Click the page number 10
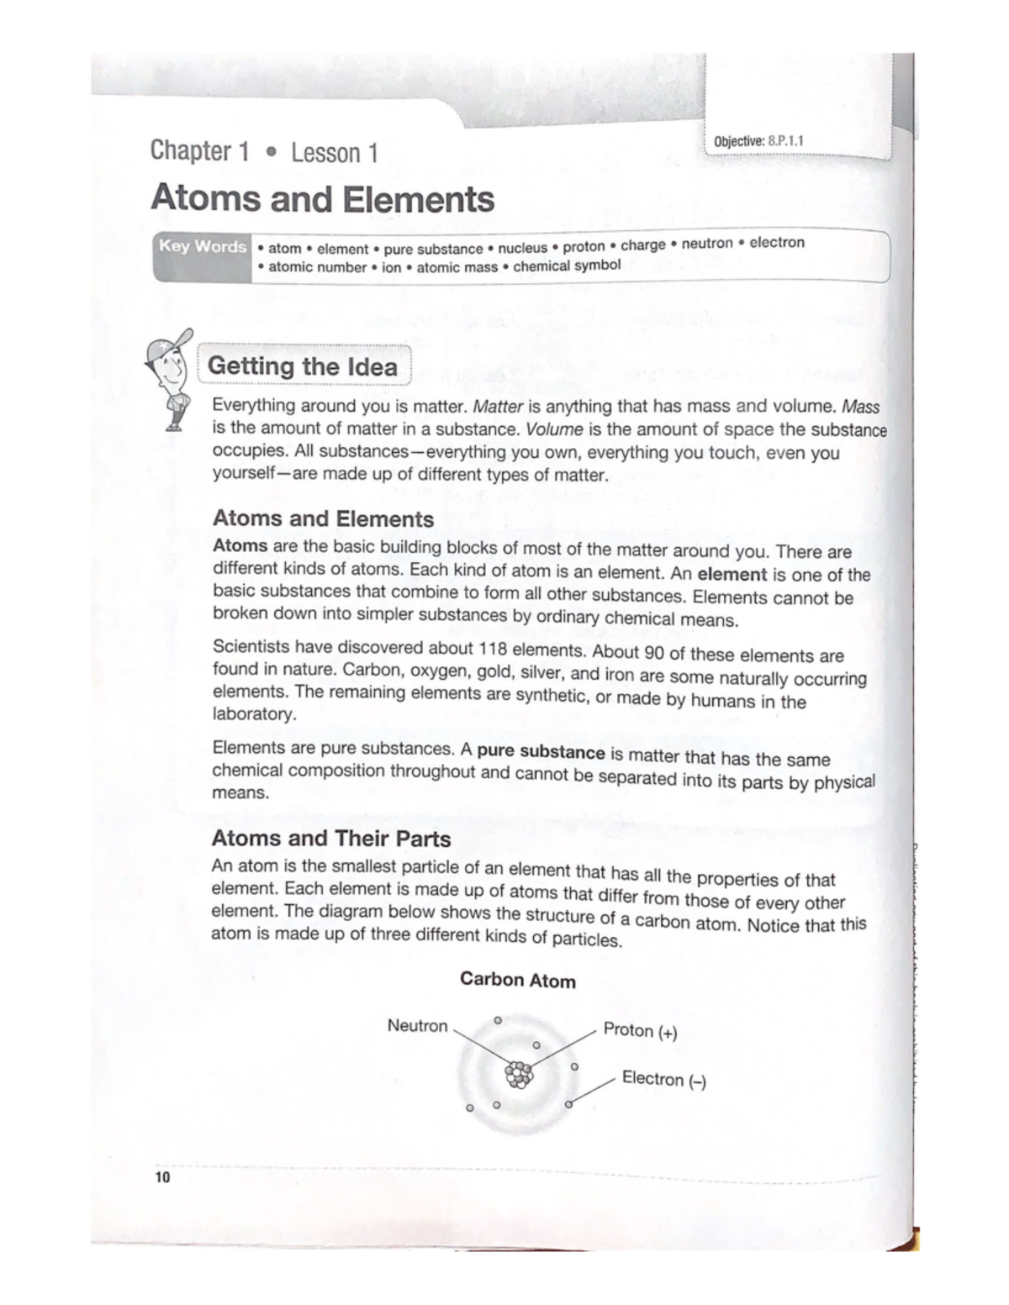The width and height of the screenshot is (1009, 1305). pos(162,1177)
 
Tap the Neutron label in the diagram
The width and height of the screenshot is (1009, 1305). pos(417,1026)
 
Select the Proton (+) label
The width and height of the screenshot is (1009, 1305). pos(640,1031)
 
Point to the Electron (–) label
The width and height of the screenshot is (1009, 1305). pos(663,1080)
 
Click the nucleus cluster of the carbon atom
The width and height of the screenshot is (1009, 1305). pos(518,1073)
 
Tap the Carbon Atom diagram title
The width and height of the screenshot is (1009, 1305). pos(517,980)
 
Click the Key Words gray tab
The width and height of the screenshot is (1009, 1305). pos(203,247)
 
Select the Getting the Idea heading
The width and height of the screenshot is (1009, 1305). pos(302,366)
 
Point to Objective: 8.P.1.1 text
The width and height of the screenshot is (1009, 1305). pos(758,141)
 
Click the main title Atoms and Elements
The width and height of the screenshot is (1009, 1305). pos(322,200)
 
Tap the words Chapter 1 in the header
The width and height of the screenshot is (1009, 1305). pos(199,151)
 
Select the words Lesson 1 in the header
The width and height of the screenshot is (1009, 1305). pos(334,153)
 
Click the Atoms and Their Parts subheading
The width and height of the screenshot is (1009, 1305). pos(330,839)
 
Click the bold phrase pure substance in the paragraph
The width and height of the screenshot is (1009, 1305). pos(541,752)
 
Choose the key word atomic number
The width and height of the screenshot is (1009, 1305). pos(317,268)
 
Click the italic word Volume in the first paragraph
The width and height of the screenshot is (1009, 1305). pos(554,429)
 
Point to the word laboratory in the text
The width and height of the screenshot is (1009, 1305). pos(253,714)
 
